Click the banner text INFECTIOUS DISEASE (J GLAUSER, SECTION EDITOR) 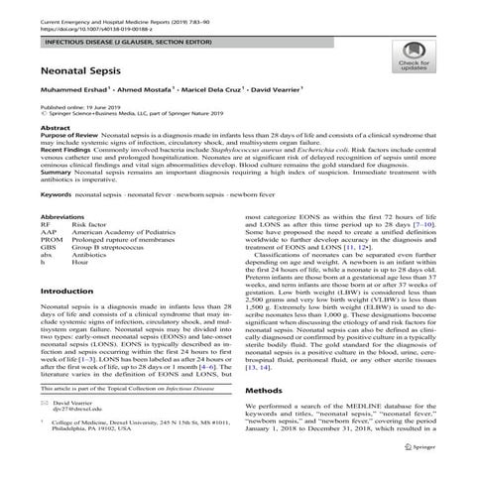(x=126, y=43)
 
